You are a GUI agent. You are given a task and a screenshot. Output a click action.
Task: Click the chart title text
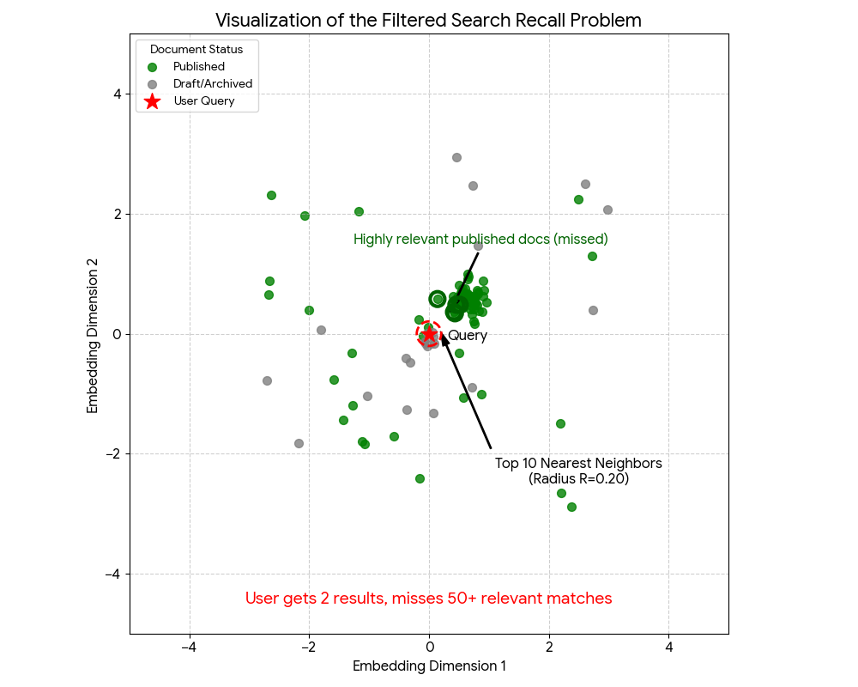(428, 20)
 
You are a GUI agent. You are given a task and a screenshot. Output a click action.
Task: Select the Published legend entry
(198, 66)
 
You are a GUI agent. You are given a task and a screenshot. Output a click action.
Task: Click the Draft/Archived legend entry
(212, 83)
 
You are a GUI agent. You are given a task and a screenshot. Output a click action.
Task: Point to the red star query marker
(429, 334)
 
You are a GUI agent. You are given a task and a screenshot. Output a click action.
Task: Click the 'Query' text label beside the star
(468, 336)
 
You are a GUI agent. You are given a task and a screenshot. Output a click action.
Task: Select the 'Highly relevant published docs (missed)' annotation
(480, 239)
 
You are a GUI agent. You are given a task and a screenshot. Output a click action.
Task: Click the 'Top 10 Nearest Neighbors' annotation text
(578, 464)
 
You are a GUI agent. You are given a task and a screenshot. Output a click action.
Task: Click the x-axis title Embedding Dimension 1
(429, 666)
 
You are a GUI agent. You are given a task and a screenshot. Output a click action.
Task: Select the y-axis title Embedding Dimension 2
(93, 334)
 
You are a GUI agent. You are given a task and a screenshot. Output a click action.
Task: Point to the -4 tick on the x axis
(189, 647)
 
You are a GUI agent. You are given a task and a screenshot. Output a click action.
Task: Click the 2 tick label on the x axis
(549, 647)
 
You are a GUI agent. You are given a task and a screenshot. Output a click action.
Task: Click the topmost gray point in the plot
(456, 157)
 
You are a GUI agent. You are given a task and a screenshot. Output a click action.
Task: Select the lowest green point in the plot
(571, 507)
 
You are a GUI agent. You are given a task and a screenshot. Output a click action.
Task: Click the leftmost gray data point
(267, 380)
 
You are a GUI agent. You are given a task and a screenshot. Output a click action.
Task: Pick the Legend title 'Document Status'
(196, 49)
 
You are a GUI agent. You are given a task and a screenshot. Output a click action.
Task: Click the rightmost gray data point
(607, 210)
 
